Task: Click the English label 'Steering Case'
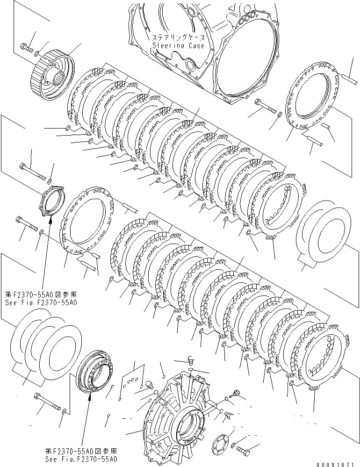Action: pos(178,46)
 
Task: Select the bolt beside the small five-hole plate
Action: pos(244,451)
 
